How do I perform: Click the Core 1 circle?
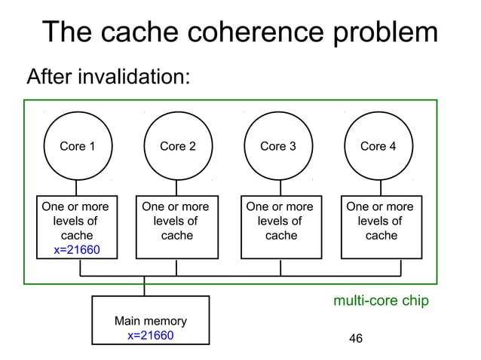coord(77,146)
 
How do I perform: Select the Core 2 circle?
coord(177,146)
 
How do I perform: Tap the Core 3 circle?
coord(278,146)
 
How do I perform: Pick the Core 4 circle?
coord(378,146)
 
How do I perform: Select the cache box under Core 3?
coord(280,226)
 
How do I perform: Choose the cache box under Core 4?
coord(380,226)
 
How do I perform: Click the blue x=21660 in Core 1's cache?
coord(77,250)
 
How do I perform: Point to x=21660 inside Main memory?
coord(151,335)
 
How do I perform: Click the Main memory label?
coord(151,321)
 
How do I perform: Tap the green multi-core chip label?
coord(381,301)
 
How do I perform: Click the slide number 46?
coord(356,339)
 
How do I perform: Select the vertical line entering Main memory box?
coord(144,287)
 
